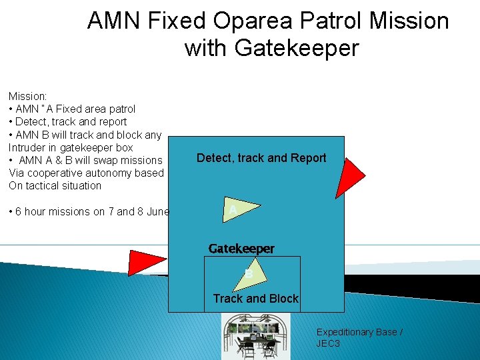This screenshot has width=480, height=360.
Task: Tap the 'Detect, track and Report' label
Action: coord(261,158)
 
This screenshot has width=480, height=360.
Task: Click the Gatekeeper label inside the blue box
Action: coord(241,249)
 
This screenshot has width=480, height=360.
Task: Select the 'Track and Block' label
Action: coord(255,299)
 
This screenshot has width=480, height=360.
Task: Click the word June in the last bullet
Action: coord(158,211)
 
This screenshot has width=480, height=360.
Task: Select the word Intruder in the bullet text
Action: coord(28,147)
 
